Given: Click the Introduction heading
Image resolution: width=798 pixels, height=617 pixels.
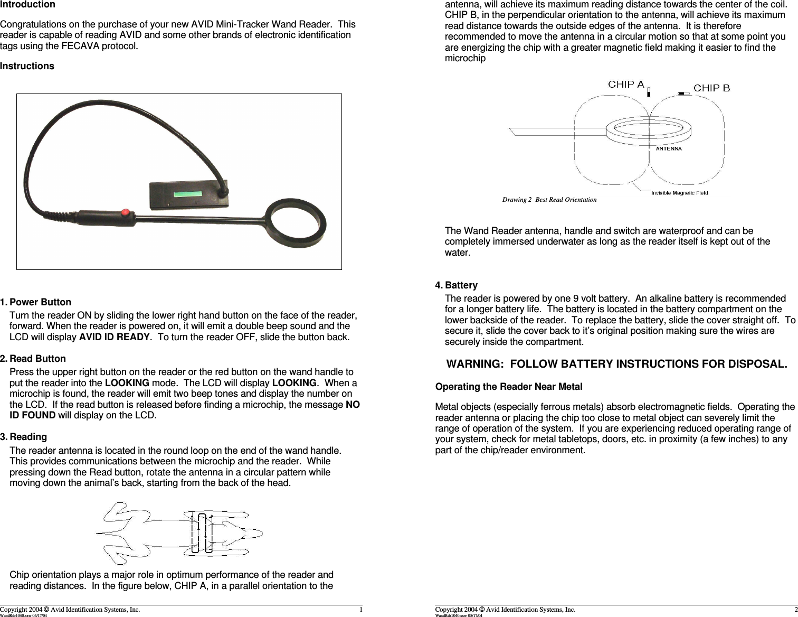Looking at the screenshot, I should point(27,5).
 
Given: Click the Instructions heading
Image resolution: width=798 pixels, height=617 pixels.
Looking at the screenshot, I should point(27,67).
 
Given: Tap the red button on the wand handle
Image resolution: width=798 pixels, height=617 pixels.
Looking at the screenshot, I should point(126,213).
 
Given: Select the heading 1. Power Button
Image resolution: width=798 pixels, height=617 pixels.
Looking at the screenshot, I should point(35,303).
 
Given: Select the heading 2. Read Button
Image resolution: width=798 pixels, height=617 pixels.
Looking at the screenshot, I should point(33,359).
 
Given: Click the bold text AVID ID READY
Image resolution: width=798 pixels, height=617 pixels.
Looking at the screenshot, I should point(115,338).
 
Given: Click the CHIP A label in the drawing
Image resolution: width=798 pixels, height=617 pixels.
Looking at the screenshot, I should point(626,85).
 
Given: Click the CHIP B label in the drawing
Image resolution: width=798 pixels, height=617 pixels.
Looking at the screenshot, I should point(711,88).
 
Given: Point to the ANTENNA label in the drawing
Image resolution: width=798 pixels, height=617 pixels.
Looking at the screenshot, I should point(668,149).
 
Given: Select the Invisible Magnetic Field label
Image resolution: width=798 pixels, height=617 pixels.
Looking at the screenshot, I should point(679,193).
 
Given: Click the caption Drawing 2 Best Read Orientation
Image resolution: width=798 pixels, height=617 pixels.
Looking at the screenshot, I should point(549,200).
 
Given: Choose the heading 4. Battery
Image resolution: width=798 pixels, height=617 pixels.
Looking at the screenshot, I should point(456,286).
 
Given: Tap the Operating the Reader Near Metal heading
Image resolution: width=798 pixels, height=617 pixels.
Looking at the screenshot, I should point(508,387).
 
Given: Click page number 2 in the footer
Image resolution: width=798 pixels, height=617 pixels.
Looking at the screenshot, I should point(795,610).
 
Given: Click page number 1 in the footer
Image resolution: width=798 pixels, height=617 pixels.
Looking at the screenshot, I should point(361,610).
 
